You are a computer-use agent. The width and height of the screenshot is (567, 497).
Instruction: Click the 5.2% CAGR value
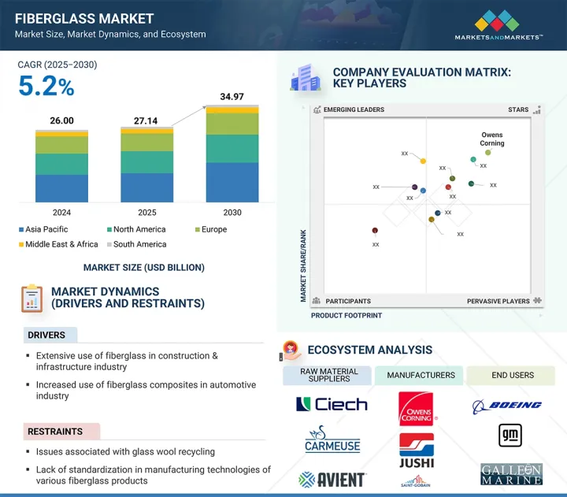pos(46,87)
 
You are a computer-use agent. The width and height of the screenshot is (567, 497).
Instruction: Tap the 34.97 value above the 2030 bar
pos(232,96)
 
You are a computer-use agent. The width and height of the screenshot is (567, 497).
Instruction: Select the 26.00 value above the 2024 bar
pos(61,121)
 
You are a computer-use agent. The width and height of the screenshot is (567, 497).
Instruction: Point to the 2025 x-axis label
pos(146,213)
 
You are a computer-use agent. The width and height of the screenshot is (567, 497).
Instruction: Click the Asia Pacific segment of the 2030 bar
pos(232,182)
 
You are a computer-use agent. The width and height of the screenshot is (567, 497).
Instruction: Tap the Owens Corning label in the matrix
pos(492,139)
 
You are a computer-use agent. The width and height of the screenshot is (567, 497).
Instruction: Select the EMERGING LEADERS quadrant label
pos(354,110)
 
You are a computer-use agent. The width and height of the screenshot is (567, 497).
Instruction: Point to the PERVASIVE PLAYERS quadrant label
pos(498,301)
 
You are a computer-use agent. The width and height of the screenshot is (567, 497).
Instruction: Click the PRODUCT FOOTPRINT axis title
pos(346,315)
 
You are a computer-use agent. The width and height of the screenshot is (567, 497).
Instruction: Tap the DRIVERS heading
pos(46,336)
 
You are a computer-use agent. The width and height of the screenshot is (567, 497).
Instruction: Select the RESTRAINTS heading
pos(56,432)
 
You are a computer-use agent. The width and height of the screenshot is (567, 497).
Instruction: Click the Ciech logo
pos(332,405)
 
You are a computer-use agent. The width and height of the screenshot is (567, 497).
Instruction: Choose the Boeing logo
pos(507,405)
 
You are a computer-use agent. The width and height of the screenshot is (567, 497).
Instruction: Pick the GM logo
pos(510,436)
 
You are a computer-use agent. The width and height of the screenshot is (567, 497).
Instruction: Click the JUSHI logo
pos(416,449)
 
